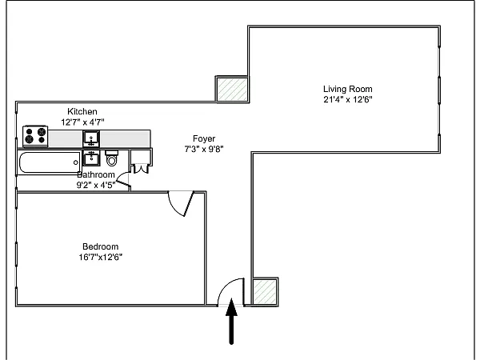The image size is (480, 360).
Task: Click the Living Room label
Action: pyautogui.click(x=348, y=89)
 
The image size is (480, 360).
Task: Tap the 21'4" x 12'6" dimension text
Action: pyautogui.click(x=348, y=99)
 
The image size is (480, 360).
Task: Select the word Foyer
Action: pyautogui.click(x=204, y=138)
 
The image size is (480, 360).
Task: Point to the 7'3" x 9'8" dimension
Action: pyautogui.click(x=204, y=149)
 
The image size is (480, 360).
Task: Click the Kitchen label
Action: pyautogui.click(x=82, y=111)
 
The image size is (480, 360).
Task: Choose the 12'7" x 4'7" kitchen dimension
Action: pyautogui.click(x=82, y=122)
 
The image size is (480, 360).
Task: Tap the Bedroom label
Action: pyautogui.click(x=101, y=246)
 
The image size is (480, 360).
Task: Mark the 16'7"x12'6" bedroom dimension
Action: pyautogui.click(x=101, y=257)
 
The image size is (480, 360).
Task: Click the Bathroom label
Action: pyautogui.click(x=96, y=174)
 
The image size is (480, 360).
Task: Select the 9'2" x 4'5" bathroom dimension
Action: pyautogui.click(x=96, y=186)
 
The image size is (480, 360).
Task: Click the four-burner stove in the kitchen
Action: pyautogui.click(x=35, y=136)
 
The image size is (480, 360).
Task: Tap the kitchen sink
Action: pyautogui.click(x=91, y=138)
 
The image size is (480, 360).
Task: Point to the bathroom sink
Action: pyautogui.click(x=91, y=158)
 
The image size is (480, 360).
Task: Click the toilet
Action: pyautogui.click(x=111, y=158)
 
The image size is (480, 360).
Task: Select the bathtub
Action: pyautogui.click(x=50, y=162)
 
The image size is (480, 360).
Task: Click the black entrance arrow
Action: pyautogui.click(x=231, y=322)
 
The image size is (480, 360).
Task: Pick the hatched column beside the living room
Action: pyautogui.click(x=232, y=89)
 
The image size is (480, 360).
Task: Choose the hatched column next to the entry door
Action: pyautogui.click(x=265, y=292)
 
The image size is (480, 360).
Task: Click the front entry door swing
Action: pyautogui.click(x=226, y=285)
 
